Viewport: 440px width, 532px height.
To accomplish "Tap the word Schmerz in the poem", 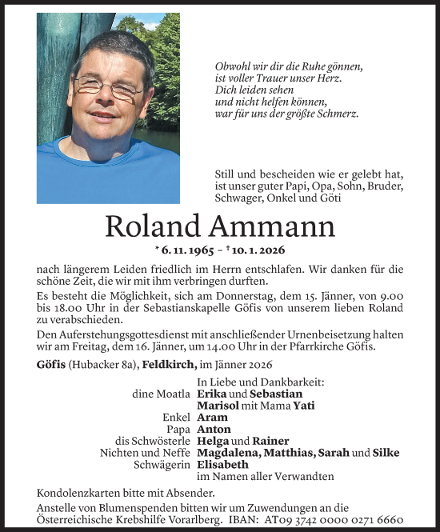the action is tap(337, 114).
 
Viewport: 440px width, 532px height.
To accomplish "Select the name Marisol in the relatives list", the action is tap(218, 406).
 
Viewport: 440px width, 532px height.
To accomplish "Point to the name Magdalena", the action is tap(229, 453).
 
